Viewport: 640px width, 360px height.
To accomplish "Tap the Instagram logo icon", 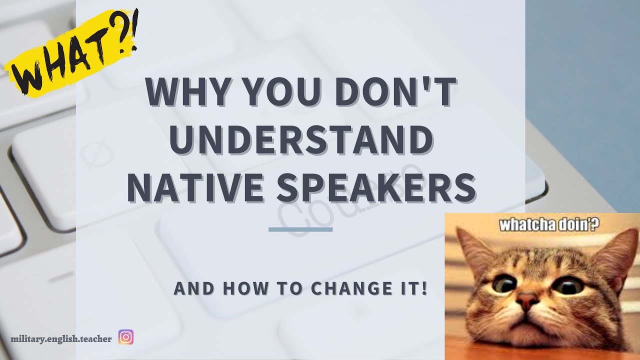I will click(126, 337).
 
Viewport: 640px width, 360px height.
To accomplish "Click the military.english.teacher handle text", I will click(61, 338).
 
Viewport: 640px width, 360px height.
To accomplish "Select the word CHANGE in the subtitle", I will click(345, 289).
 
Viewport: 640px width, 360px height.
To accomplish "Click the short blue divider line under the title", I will click(300, 229).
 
